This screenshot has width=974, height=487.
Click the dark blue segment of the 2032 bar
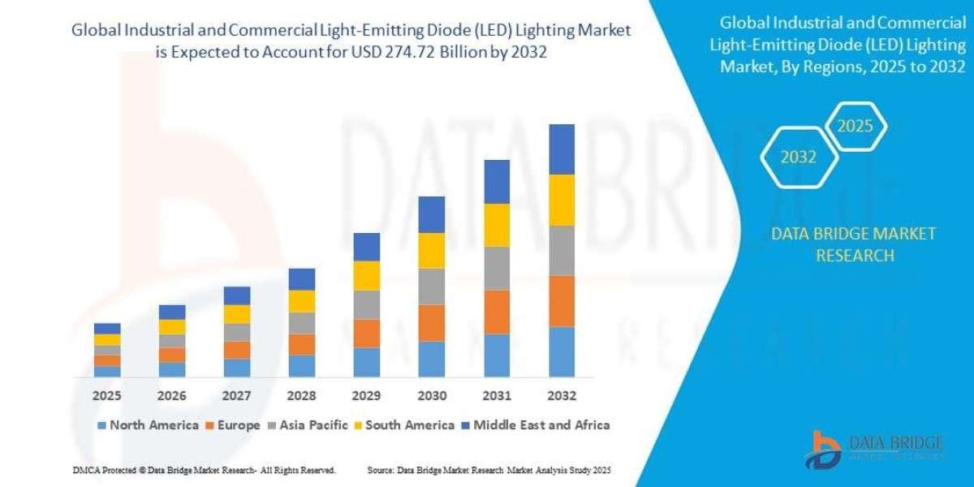click(562, 149)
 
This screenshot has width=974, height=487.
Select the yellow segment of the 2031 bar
click(497, 225)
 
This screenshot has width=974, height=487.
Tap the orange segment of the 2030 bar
click(432, 323)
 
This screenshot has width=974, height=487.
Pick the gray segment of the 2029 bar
click(367, 304)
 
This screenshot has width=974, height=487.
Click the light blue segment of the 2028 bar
click(302, 366)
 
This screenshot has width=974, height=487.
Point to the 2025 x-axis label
click(107, 396)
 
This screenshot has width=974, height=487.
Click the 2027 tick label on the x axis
click(237, 396)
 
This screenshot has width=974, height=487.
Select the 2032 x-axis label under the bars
click(562, 396)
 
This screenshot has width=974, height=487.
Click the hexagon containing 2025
click(854, 127)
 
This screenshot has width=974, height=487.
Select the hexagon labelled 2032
click(798, 157)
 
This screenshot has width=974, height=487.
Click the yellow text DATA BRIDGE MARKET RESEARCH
click(855, 244)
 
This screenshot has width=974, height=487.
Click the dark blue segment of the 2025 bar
click(107, 329)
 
